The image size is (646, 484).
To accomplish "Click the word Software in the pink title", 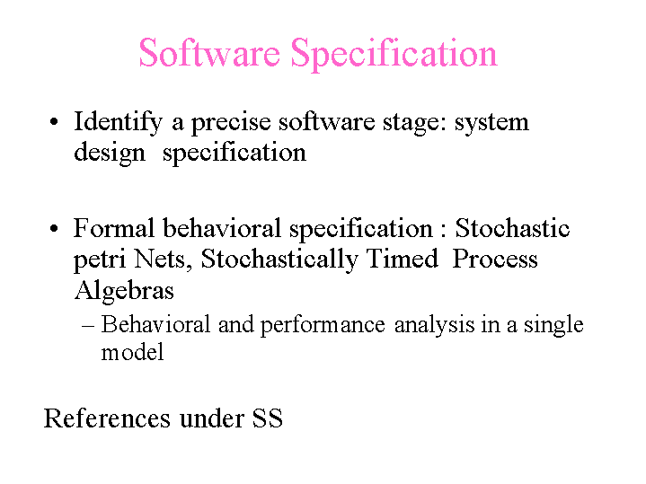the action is coord(209,53).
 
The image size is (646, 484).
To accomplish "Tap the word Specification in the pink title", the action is coord(394,55).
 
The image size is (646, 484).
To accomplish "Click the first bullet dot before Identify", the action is coord(54,122).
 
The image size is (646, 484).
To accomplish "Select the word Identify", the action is coord(118,123).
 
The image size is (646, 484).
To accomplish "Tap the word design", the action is coord(110,154).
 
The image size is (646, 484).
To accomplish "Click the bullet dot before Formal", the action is coord(54,229).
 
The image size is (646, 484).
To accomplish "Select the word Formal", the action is coord(114,228).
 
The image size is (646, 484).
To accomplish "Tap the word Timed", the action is coord(403,260).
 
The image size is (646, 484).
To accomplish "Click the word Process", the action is coord(495,260).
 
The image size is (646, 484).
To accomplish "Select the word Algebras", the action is coord(124,292).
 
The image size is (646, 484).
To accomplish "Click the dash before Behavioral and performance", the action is coord(88,326).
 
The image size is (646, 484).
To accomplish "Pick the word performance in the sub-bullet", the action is coord(323,326).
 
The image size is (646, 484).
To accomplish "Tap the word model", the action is coord(132,352).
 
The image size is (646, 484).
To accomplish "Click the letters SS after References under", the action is coord(268,418).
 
